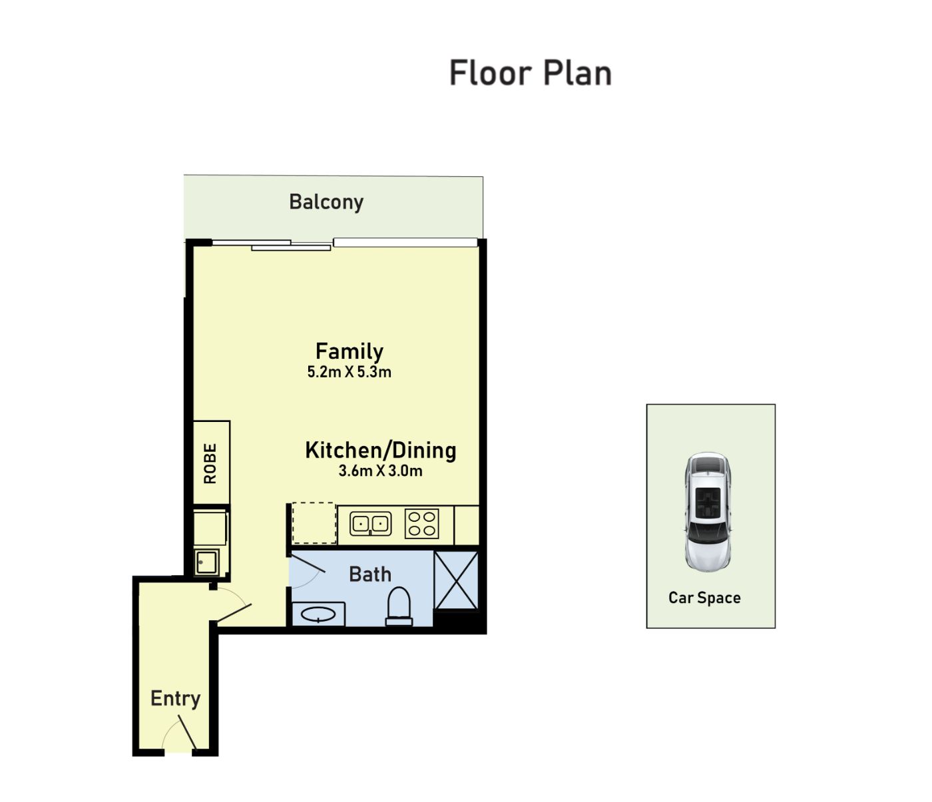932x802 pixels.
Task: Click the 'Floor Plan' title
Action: tap(531, 73)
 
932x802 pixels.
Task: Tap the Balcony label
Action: tap(326, 202)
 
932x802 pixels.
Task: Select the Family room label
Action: tap(349, 351)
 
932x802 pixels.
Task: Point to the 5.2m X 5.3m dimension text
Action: tap(349, 372)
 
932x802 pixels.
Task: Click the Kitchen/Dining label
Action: tap(381, 450)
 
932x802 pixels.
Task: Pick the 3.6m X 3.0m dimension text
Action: tap(381, 471)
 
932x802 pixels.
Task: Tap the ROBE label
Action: tap(210, 463)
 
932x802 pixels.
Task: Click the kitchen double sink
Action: tap(371, 524)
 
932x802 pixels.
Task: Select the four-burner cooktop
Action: tap(421, 523)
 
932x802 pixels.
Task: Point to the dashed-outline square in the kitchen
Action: tap(314, 523)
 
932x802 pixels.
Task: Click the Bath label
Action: tap(370, 574)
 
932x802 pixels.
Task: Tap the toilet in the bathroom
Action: tap(399, 606)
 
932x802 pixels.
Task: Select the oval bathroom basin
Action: tap(318, 614)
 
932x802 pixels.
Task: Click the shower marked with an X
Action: tap(456, 580)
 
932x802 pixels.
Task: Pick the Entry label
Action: tap(175, 699)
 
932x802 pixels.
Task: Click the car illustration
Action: tap(708, 512)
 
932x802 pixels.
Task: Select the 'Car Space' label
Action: tap(704, 598)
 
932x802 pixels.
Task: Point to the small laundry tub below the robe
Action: tap(206, 562)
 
